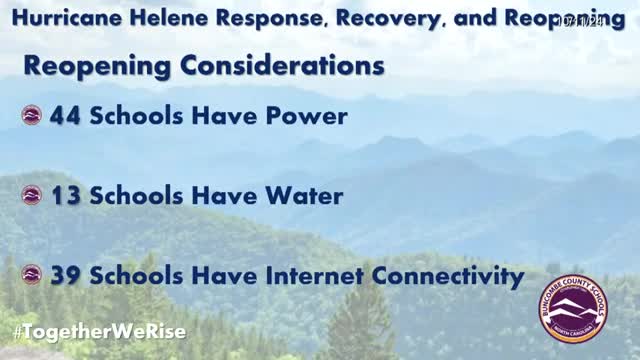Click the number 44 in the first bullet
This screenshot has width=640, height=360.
point(66,116)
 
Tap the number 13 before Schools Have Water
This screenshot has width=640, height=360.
point(66,196)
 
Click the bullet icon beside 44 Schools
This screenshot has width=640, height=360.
point(32,116)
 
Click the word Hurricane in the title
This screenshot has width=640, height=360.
point(59,19)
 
